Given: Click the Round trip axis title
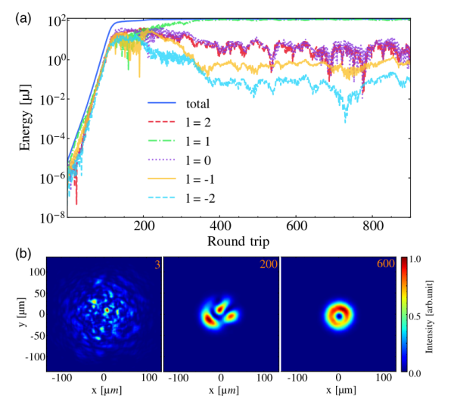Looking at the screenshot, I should point(240,241).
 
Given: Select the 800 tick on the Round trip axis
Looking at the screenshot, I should point(372,226).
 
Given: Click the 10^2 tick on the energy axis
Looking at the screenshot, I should point(53,20).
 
